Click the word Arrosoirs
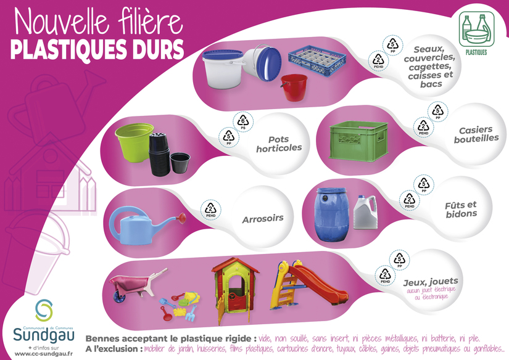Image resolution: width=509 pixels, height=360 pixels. click(x=263, y=219)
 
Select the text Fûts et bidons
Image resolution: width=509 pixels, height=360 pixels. click(x=461, y=209)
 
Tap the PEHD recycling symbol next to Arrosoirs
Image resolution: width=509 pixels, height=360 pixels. click(x=212, y=210)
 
